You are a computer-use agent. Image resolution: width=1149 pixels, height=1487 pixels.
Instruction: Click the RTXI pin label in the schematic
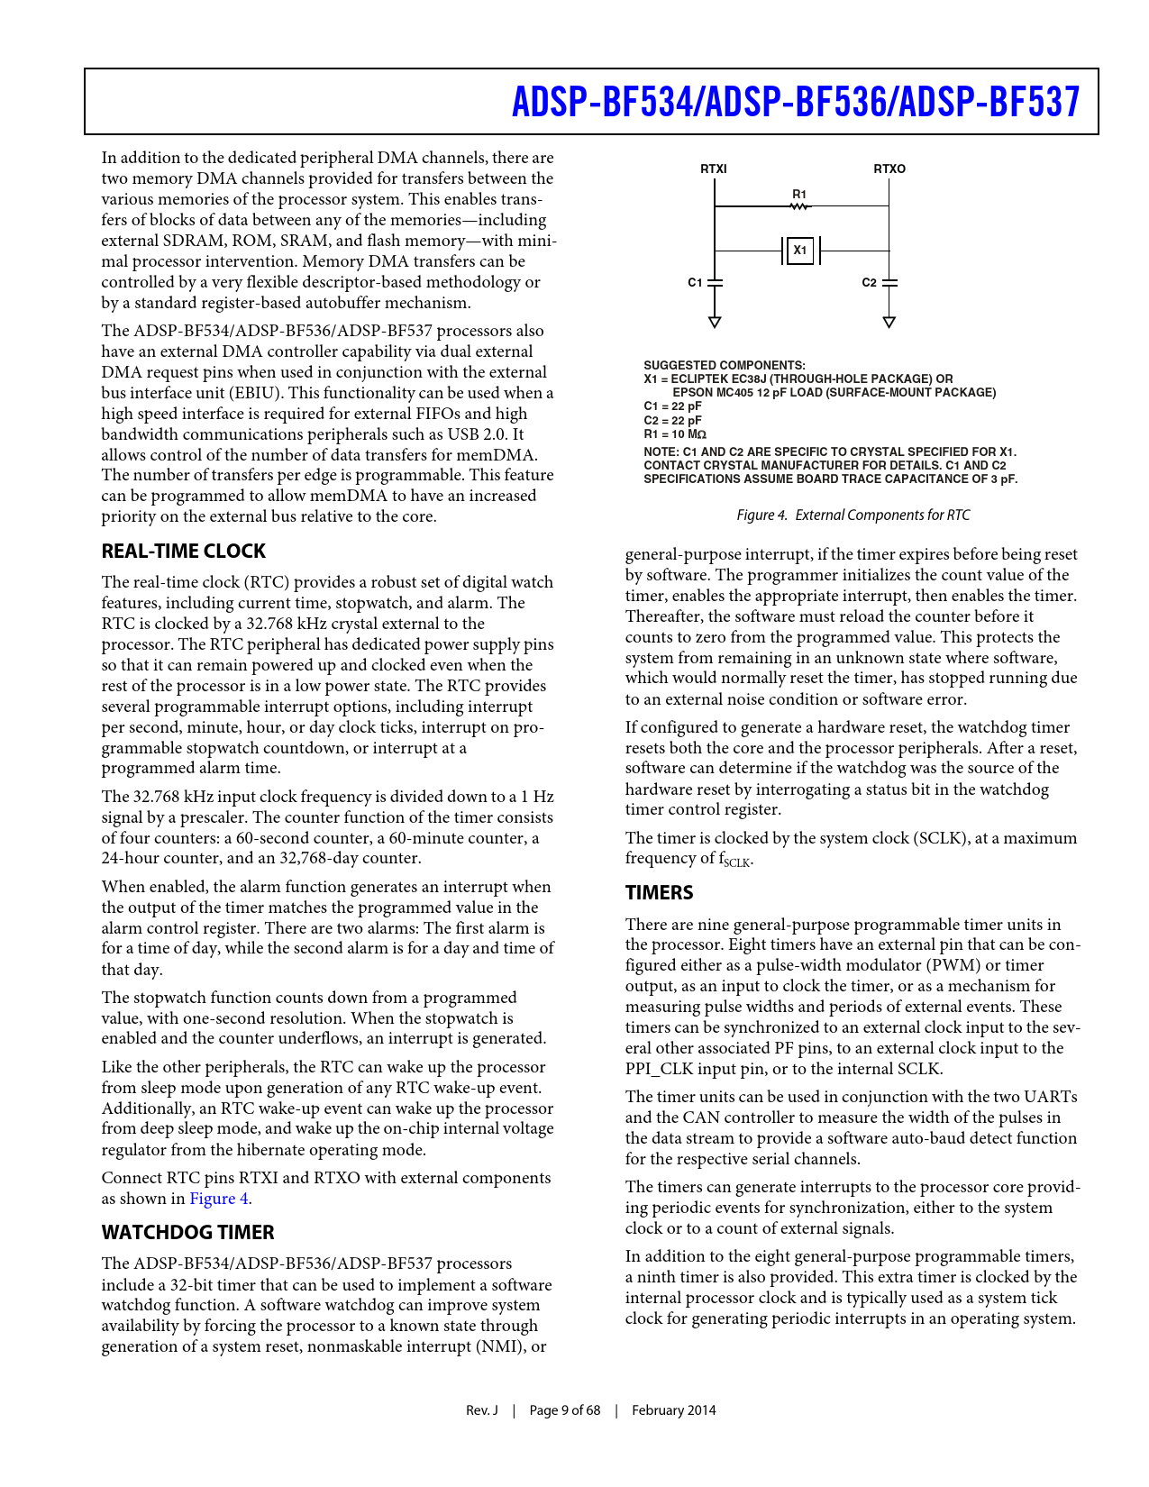pyautogui.click(x=714, y=169)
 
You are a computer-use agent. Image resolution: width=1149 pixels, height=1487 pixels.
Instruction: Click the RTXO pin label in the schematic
pyautogui.click(x=889, y=169)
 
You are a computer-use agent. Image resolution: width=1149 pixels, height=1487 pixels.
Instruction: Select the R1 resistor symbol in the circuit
pyautogui.click(x=799, y=206)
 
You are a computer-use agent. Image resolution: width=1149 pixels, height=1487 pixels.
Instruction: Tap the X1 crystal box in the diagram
pyautogui.click(x=800, y=251)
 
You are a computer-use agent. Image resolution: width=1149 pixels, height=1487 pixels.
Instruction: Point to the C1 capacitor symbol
pyautogui.click(x=715, y=283)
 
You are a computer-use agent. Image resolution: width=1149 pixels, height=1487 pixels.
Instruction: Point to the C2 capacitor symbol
pyautogui.click(x=889, y=283)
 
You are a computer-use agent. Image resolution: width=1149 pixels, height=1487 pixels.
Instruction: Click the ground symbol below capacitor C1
pyautogui.click(x=715, y=322)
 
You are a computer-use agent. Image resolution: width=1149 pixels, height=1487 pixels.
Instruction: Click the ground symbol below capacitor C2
pyautogui.click(x=889, y=322)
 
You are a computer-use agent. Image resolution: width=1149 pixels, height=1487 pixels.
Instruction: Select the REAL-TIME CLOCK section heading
pyautogui.click(x=184, y=552)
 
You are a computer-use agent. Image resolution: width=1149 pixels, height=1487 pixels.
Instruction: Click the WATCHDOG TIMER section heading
pyautogui.click(x=187, y=1233)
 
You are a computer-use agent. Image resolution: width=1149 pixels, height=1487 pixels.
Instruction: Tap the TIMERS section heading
pyautogui.click(x=660, y=893)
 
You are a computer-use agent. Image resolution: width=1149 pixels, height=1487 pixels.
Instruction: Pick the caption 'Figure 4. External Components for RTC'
pyautogui.click(x=853, y=515)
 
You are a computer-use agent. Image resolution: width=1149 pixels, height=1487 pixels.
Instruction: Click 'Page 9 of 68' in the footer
pyautogui.click(x=564, y=1410)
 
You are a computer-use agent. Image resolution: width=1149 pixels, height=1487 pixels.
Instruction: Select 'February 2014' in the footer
pyautogui.click(x=674, y=1410)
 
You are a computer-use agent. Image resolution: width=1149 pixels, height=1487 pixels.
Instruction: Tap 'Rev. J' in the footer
pyautogui.click(x=482, y=1410)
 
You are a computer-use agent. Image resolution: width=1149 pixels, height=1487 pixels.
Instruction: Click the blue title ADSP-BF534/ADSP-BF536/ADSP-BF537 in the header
pyautogui.click(x=796, y=102)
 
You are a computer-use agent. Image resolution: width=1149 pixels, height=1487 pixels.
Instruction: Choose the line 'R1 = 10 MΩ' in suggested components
pyautogui.click(x=675, y=434)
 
